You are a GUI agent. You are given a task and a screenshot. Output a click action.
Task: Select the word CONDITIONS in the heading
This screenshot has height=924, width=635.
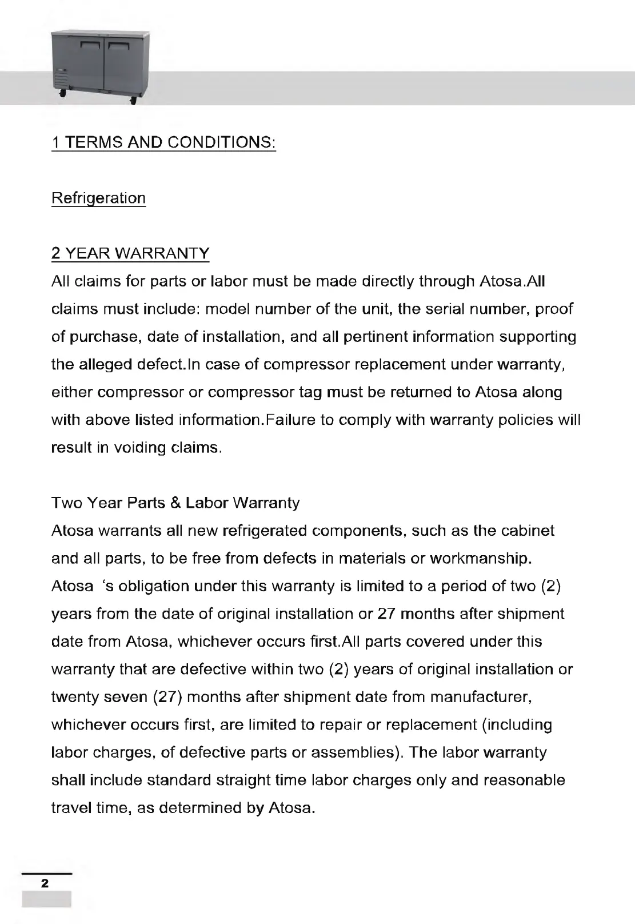pyautogui.click(x=221, y=142)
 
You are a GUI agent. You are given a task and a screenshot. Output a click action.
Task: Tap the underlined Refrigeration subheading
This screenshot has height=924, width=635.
pyautogui.click(x=98, y=198)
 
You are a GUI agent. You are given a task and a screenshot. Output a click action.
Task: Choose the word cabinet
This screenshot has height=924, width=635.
pyautogui.click(x=528, y=531)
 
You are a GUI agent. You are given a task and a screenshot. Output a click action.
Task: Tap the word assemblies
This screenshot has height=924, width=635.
pyautogui.click(x=355, y=752)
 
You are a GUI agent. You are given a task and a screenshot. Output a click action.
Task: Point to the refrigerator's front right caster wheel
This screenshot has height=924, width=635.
pyautogui.click(x=133, y=101)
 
